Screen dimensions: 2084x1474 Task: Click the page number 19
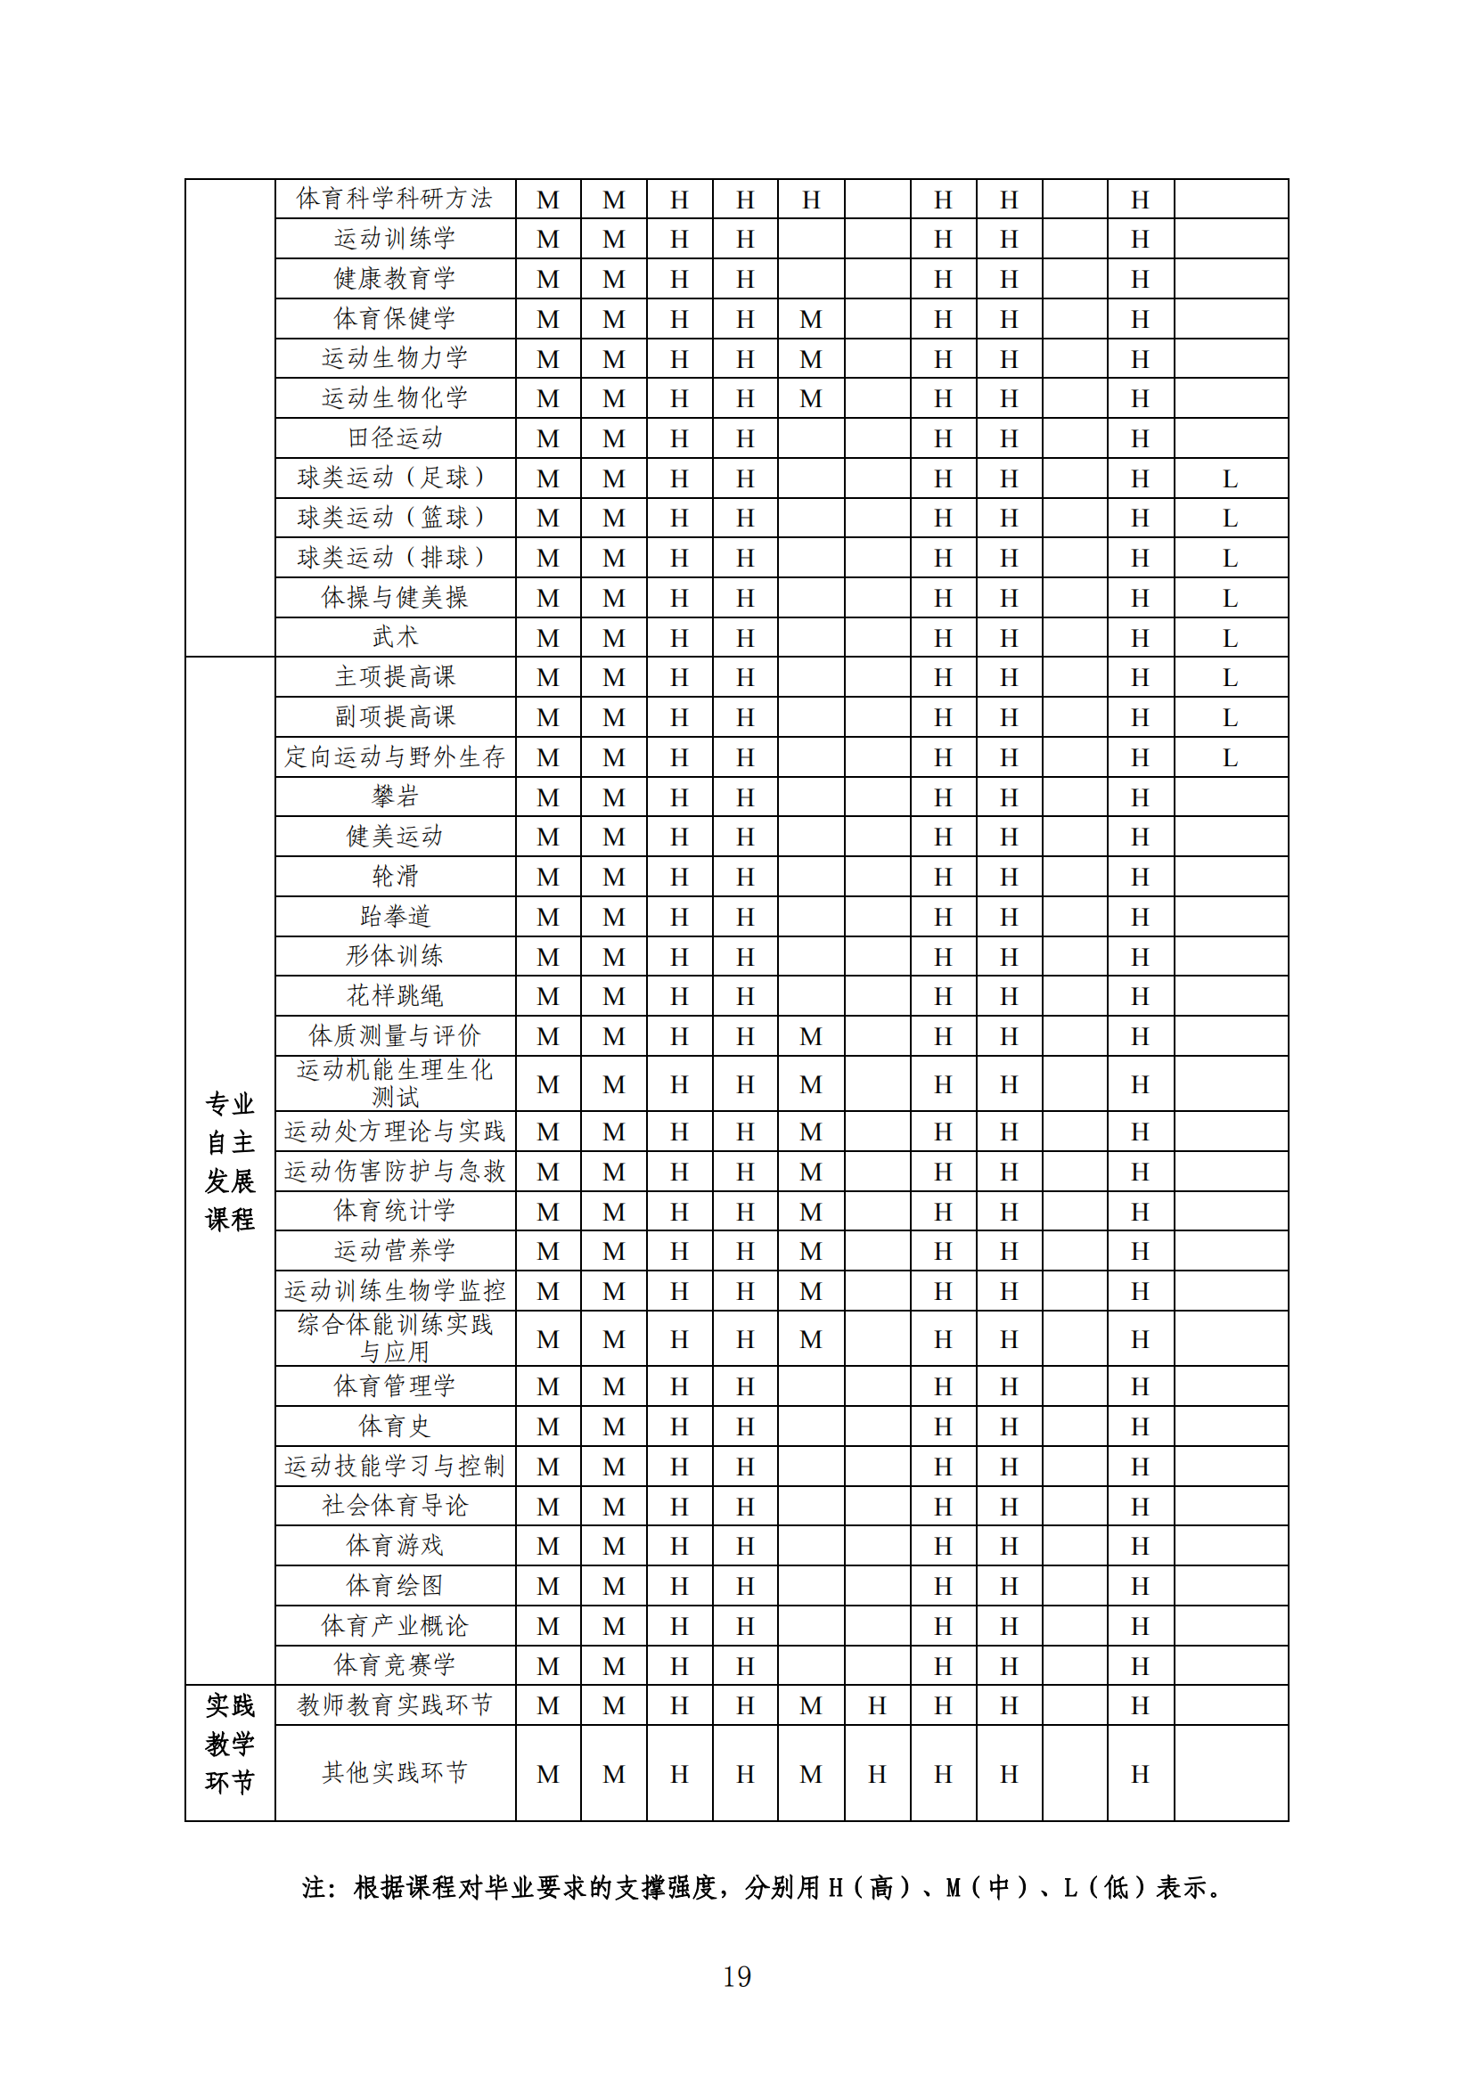pyautogui.click(x=736, y=1976)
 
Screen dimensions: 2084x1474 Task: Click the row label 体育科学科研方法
pyautogui.click(x=395, y=199)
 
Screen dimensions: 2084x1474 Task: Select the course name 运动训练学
pyautogui.click(x=395, y=239)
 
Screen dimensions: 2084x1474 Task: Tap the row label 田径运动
pyautogui.click(x=395, y=438)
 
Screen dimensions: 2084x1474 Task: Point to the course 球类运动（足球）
pyautogui.click(x=395, y=478)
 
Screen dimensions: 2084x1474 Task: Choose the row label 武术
pyautogui.click(x=395, y=637)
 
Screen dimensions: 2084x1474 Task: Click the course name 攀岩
pyautogui.click(x=395, y=797)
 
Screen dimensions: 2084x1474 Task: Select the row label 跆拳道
pyautogui.click(x=395, y=917)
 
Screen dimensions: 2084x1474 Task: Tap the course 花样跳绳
pyautogui.click(x=395, y=996)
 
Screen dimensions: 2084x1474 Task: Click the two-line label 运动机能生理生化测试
pyautogui.click(x=395, y=1083)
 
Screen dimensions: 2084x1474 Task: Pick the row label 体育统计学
pyautogui.click(x=395, y=1211)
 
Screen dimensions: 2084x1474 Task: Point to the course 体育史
pyautogui.click(x=395, y=1426)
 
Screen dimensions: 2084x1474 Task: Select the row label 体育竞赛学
pyautogui.click(x=395, y=1664)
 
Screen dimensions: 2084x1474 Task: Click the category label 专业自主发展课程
pyautogui.click(x=230, y=1162)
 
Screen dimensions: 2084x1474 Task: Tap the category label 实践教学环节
pyautogui.click(x=230, y=1744)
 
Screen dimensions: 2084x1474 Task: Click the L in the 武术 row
pyautogui.click(x=1230, y=638)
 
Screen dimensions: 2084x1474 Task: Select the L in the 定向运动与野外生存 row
pyautogui.click(x=1230, y=758)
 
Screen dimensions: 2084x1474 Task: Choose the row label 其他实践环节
pyautogui.click(x=395, y=1773)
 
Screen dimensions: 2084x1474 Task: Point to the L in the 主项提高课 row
pyautogui.click(x=1230, y=678)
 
